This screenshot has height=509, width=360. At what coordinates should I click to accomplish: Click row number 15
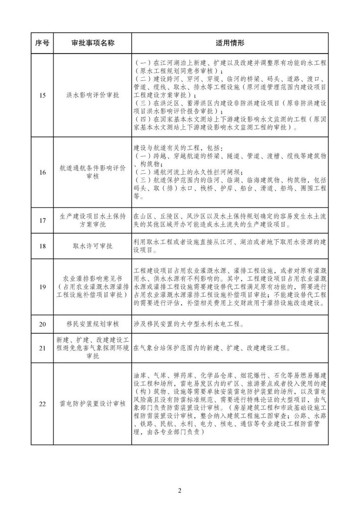point(43,95)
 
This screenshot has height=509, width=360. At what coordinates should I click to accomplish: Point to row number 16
point(43,173)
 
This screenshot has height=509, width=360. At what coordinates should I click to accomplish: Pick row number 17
point(43,221)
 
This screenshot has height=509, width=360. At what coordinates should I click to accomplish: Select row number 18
point(43,246)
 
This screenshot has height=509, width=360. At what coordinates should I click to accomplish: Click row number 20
point(43,325)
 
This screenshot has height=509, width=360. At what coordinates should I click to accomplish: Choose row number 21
point(43,348)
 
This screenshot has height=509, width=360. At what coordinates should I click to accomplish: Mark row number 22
point(43,404)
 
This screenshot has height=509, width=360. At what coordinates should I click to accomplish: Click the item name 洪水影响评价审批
point(92,95)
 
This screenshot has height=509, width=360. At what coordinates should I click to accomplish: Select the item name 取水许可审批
point(92,246)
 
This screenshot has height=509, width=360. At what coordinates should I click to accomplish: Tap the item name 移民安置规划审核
point(92,325)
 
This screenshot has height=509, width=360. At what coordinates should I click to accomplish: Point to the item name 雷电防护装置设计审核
point(92,404)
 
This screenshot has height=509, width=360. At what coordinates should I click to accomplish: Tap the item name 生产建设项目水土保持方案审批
point(92,221)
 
